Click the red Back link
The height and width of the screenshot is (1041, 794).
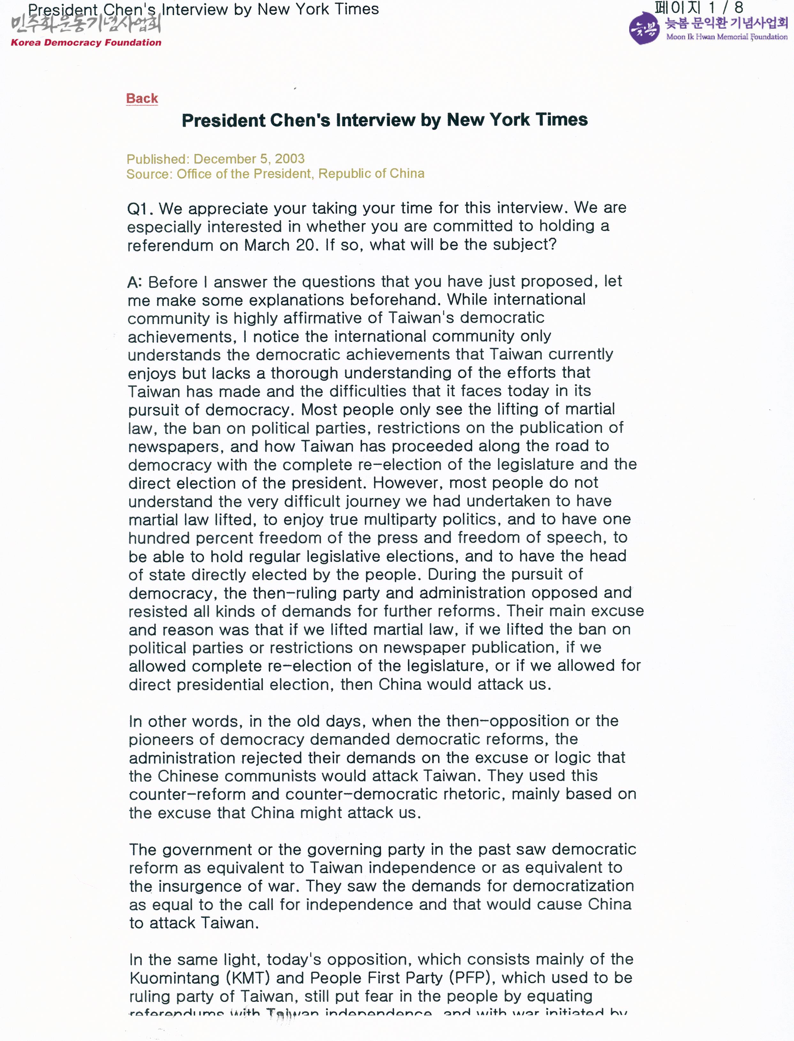click(x=142, y=98)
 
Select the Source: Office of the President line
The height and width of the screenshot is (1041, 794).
click(x=275, y=174)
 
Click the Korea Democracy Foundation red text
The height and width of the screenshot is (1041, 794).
click(x=86, y=42)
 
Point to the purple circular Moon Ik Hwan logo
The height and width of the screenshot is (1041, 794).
click(x=644, y=29)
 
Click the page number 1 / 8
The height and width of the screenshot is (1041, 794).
click(x=725, y=8)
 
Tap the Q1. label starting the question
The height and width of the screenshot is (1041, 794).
click(x=140, y=209)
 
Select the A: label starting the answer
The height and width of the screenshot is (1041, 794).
click(x=135, y=283)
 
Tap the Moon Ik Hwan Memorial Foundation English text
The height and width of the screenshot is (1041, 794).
click(x=726, y=37)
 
